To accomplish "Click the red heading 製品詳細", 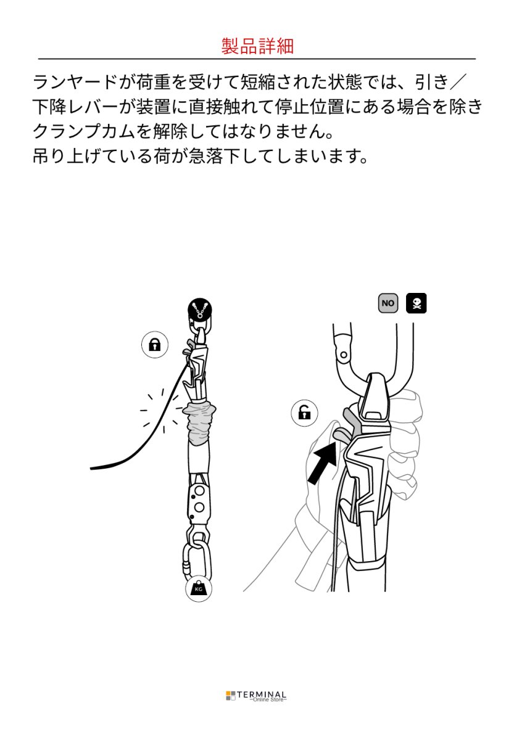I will [x=257, y=46].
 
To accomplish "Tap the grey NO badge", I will [x=388, y=303].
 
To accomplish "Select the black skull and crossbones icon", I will [x=417, y=303].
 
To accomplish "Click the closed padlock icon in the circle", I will [x=154, y=345].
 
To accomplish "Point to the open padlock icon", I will [x=304, y=413].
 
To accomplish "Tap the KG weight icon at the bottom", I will [x=198, y=589].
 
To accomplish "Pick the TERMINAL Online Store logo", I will [x=257, y=696].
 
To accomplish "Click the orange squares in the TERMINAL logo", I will [x=231, y=696].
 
